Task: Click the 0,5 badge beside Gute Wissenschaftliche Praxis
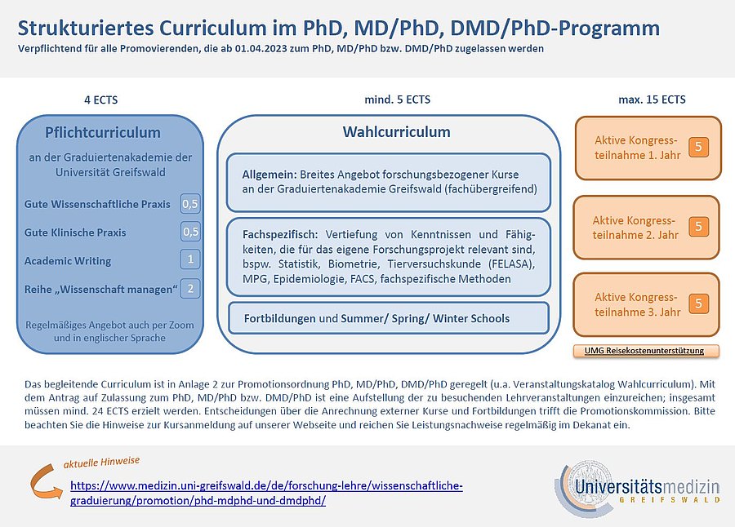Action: point(190,204)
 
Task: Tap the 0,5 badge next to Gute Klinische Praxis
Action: point(190,232)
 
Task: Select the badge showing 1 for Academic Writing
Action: point(190,260)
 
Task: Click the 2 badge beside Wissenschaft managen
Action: point(190,288)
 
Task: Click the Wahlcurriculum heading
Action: point(396,132)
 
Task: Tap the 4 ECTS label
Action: point(100,100)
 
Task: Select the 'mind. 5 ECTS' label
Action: point(397,100)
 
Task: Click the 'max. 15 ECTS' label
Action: point(652,100)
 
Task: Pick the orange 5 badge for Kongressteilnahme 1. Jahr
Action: point(698,148)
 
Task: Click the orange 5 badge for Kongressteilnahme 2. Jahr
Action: point(698,226)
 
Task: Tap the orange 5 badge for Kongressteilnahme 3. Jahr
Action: point(698,303)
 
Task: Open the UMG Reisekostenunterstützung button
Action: point(649,352)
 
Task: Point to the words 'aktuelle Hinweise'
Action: point(101,463)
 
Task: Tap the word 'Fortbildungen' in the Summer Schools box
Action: point(279,318)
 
